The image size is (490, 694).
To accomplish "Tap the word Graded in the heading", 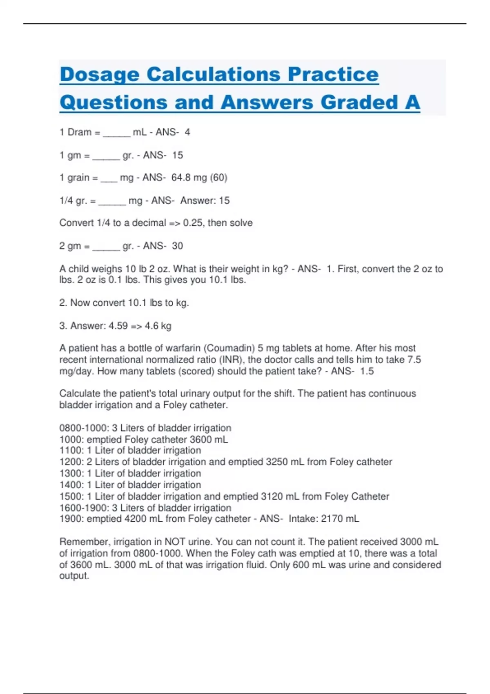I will [x=359, y=102].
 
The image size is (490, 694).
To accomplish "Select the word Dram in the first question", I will [x=79, y=132].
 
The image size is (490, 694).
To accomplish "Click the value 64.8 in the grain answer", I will [x=181, y=178].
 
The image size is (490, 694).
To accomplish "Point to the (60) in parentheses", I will [x=218, y=178].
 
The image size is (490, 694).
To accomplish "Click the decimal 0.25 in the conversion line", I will [x=194, y=223].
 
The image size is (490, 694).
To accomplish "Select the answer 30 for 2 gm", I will [x=177, y=246].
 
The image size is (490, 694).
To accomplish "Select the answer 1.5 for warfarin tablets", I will [x=367, y=371].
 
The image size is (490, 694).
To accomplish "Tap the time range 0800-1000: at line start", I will [x=84, y=428].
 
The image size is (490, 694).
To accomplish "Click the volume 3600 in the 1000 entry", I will [x=200, y=440].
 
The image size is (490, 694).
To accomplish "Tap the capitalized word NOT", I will [x=175, y=542].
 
